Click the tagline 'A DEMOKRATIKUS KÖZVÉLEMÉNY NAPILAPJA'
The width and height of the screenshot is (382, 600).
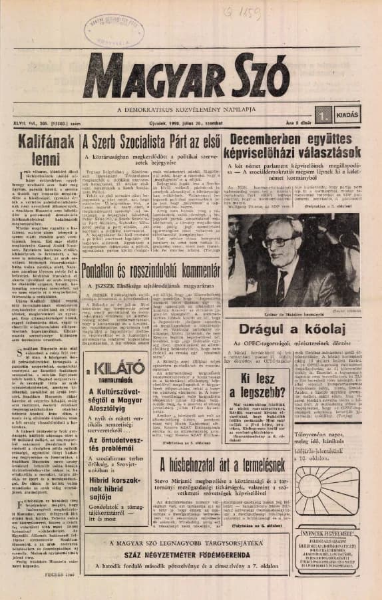coord(192,108)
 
